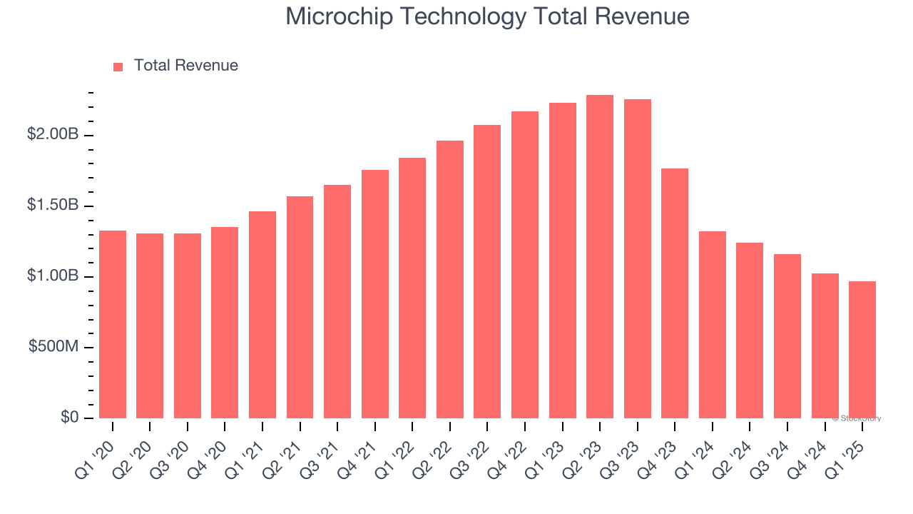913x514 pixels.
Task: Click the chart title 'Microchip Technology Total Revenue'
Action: (x=487, y=16)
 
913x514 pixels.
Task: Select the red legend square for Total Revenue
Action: (x=118, y=66)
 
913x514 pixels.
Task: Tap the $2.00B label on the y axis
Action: (x=53, y=134)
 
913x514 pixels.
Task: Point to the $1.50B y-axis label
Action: (x=53, y=205)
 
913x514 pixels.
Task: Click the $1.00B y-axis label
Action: (x=53, y=276)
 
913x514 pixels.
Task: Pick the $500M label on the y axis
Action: (x=55, y=346)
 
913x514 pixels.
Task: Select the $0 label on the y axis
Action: (x=69, y=417)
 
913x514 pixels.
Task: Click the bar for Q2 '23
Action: (x=600, y=257)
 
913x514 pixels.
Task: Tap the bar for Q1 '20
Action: (x=113, y=325)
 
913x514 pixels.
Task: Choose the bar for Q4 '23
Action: (x=675, y=293)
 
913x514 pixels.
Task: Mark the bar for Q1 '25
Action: (x=862, y=350)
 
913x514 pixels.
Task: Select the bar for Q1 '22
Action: (x=412, y=288)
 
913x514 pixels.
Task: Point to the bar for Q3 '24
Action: (x=787, y=336)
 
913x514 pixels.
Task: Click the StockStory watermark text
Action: (x=857, y=418)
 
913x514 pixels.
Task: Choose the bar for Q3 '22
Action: (x=487, y=272)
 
